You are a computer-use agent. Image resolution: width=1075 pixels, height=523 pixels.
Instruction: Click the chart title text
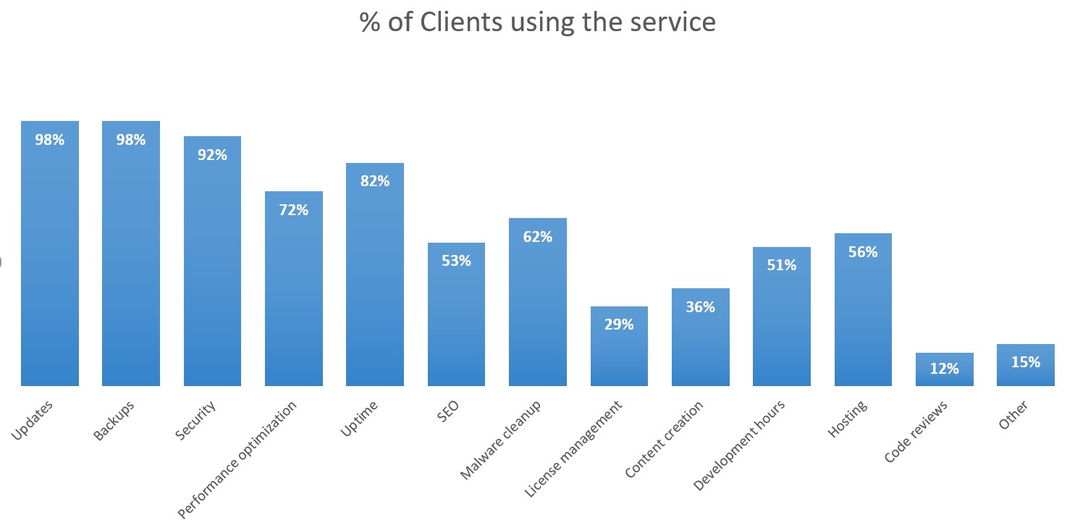tap(537, 22)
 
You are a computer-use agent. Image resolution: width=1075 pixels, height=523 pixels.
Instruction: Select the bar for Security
tap(212, 275)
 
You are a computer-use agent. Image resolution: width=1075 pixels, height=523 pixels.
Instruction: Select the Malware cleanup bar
tap(537, 311)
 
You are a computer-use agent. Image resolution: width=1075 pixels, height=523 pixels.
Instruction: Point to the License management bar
tap(619, 355)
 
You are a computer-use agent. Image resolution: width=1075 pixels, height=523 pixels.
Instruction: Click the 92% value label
tap(212, 155)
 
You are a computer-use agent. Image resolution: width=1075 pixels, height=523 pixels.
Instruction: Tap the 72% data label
tap(293, 210)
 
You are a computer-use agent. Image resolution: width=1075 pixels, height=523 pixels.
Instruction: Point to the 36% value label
tap(700, 307)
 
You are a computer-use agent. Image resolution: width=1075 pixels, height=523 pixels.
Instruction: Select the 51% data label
tap(781, 265)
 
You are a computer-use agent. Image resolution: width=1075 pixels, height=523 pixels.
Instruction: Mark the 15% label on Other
tap(1025, 362)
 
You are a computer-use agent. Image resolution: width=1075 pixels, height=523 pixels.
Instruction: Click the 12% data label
tap(944, 369)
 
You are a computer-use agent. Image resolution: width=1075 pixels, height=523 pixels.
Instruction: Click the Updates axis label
tap(32, 421)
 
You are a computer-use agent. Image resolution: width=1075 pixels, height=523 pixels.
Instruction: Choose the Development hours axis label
tap(738, 445)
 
